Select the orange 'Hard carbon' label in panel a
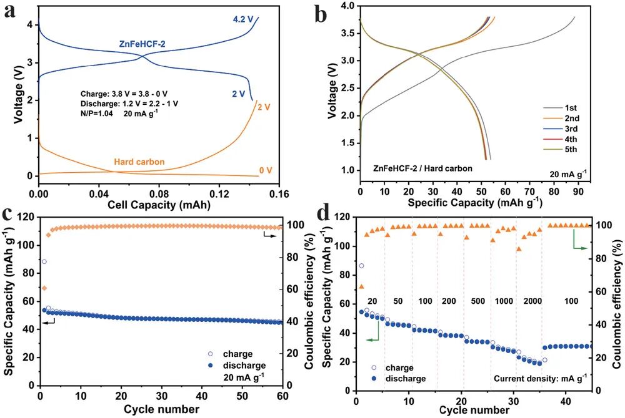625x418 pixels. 139,162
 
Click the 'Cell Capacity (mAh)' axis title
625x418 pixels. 159,204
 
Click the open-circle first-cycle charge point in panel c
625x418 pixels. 44,262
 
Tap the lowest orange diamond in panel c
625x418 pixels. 44,288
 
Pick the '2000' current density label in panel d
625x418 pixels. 532,301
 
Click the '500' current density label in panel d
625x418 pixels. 477,301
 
